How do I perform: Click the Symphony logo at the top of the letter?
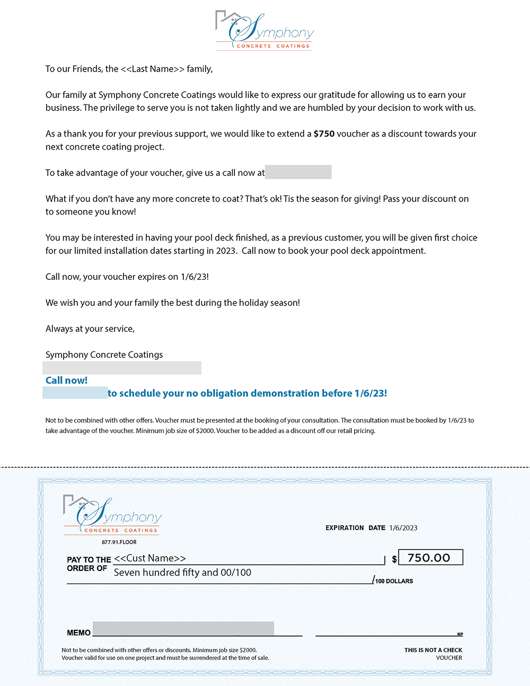pyautogui.click(x=264, y=31)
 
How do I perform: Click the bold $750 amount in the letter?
pyautogui.click(x=324, y=134)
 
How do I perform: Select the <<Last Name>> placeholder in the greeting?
pyautogui.click(x=153, y=69)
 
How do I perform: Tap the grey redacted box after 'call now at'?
pyautogui.click(x=298, y=172)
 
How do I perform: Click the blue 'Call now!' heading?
pyautogui.click(x=66, y=380)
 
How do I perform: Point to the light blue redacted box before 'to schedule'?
pyautogui.click(x=75, y=393)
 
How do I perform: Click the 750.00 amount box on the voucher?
pyautogui.click(x=430, y=558)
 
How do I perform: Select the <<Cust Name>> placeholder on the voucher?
pyautogui.click(x=150, y=558)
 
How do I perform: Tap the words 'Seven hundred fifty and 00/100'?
pyautogui.click(x=182, y=573)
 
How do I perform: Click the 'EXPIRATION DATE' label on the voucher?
pyautogui.click(x=355, y=528)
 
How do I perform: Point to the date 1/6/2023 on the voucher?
pyautogui.click(x=403, y=528)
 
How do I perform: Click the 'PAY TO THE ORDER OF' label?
pyautogui.click(x=89, y=564)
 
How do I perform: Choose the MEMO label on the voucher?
pyautogui.click(x=78, y=632)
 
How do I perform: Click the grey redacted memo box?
pyautogui.click(x=183, y=628)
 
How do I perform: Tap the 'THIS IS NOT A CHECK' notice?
pyautogui.click(x=433, y=650)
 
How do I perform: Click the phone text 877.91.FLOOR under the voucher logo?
pyautogui.click(x=119, y=542)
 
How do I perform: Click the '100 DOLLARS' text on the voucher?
pyautogui.click(x=394, y=582)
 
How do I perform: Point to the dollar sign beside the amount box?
pyautogui.click(x=394, y=559)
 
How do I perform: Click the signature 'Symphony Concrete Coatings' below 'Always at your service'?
pyautogui.click(x=104, y=355)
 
